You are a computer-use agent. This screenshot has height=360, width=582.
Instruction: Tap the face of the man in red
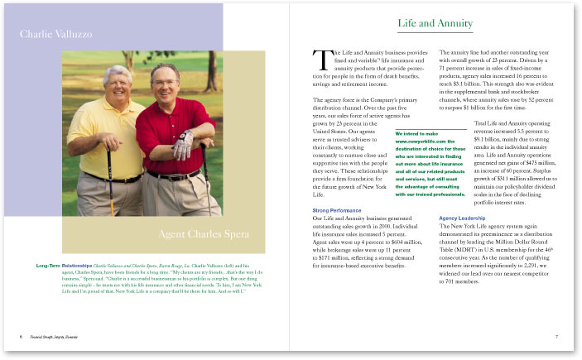coord(165,84)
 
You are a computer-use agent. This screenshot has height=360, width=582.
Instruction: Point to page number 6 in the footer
coord(21,337)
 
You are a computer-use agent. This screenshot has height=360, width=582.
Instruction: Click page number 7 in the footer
coord(557,337)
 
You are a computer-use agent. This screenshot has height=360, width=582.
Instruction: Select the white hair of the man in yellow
coord(117,70)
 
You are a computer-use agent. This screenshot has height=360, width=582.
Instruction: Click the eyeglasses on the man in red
coord(164,81)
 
